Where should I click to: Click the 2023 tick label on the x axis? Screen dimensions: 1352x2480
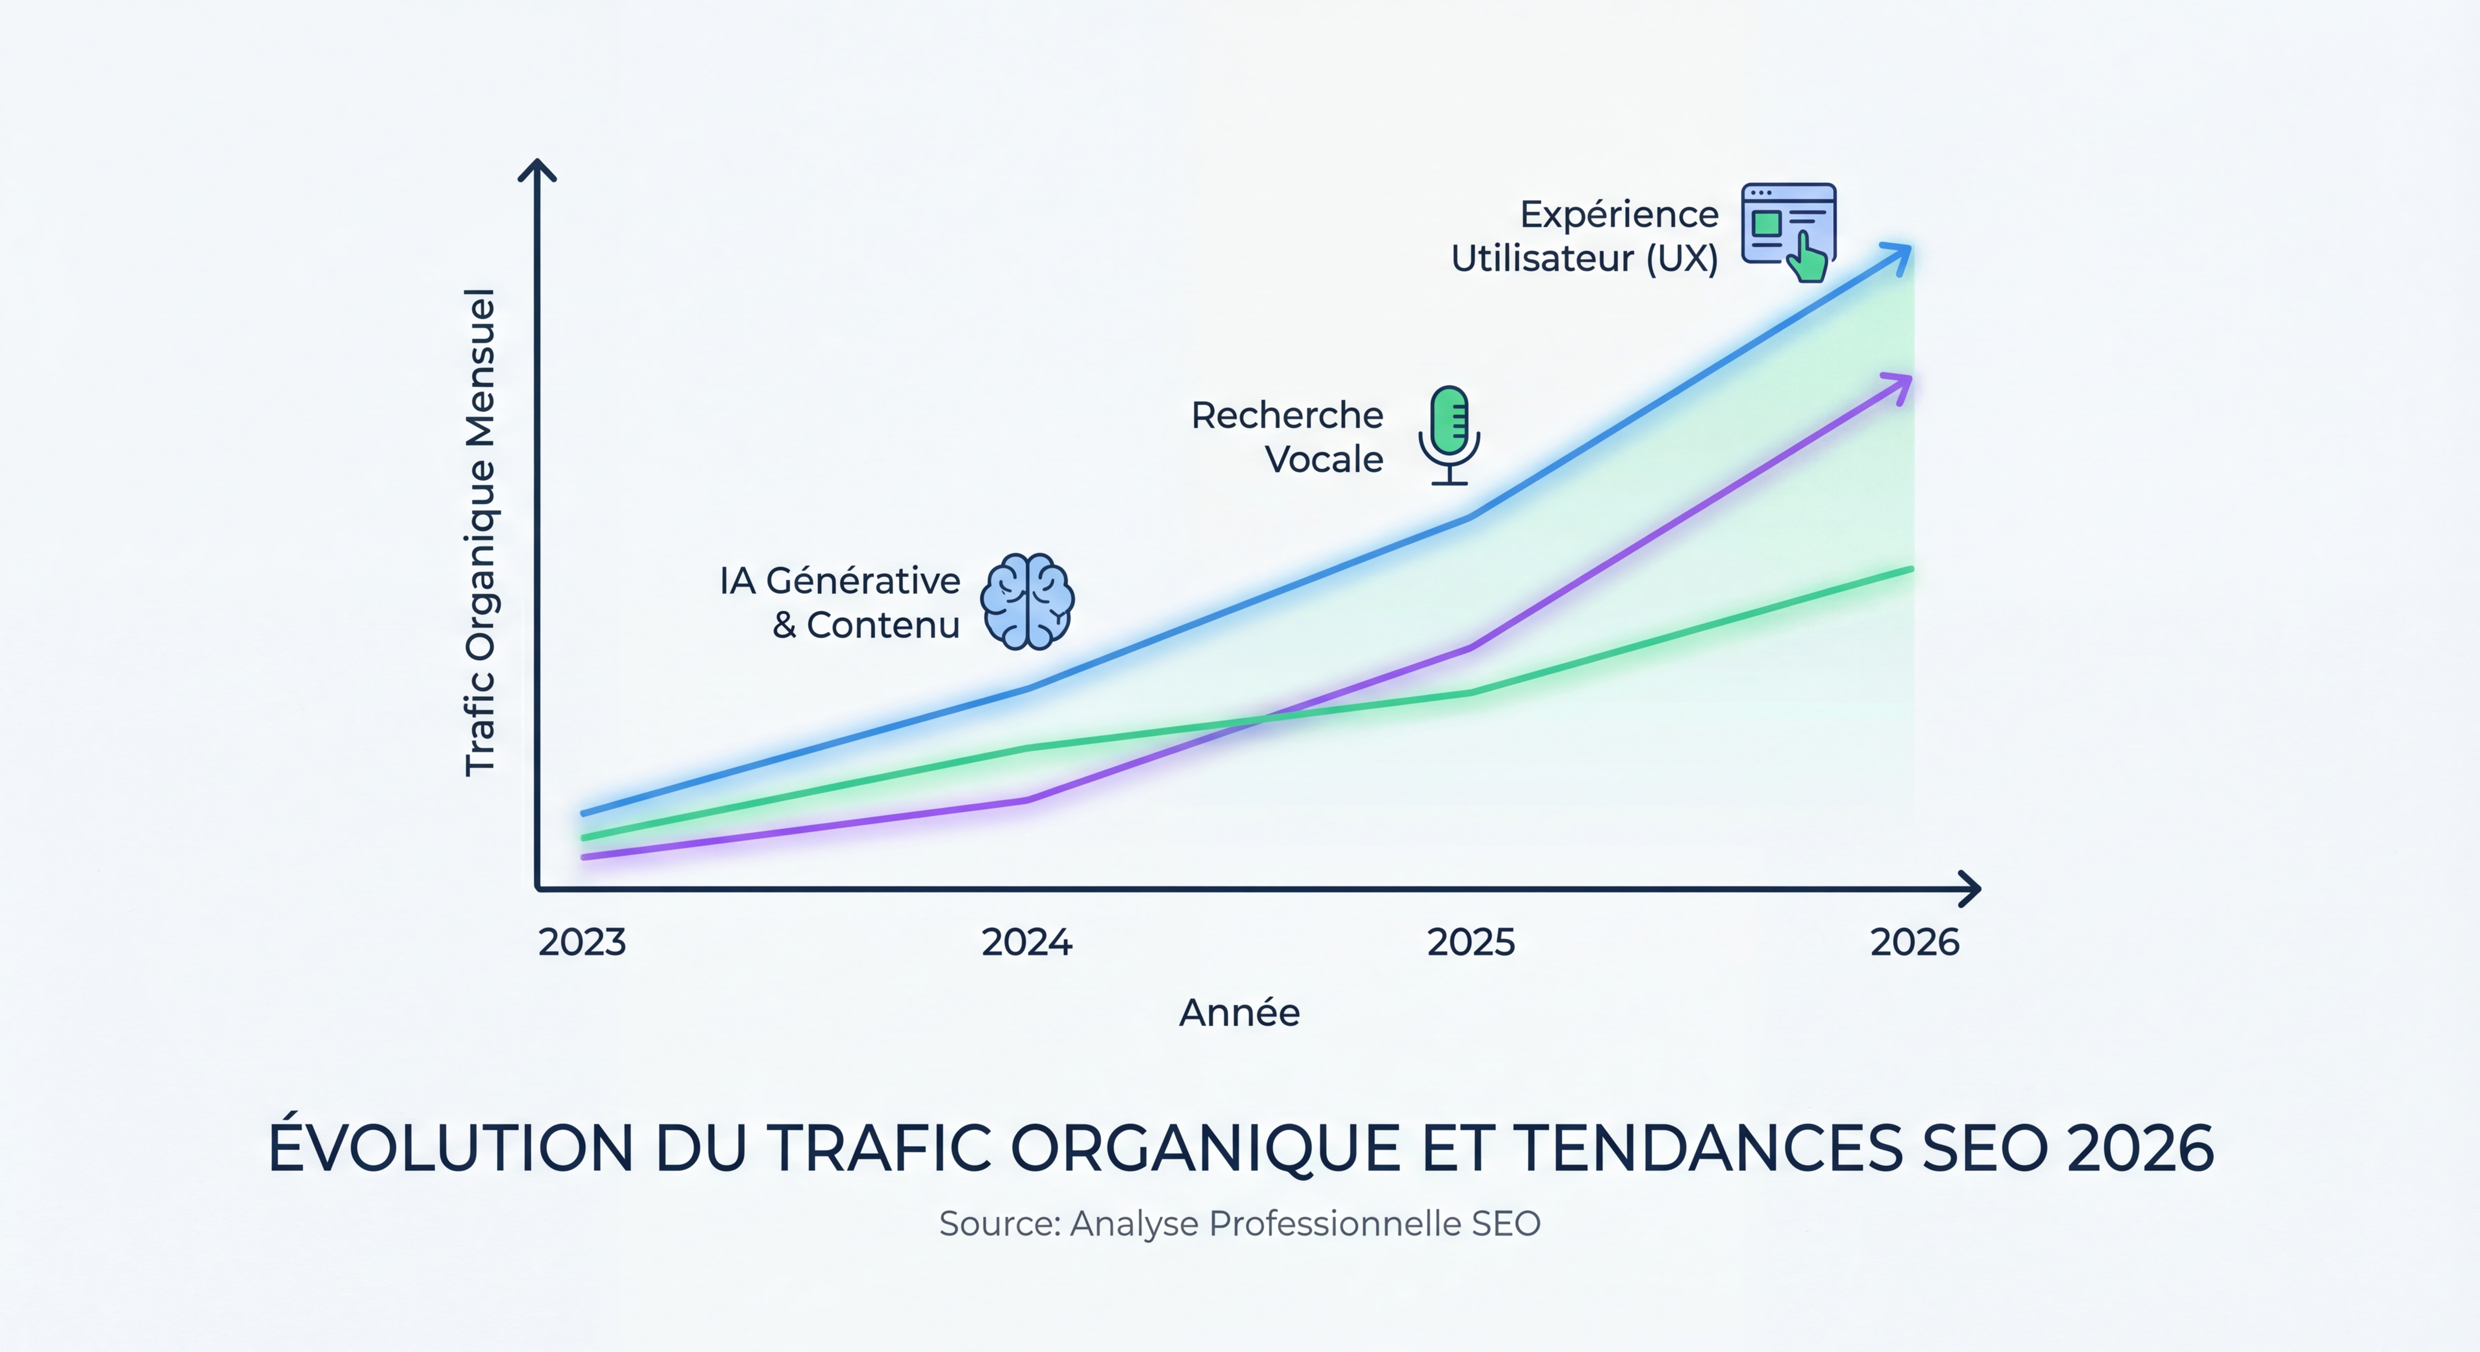(x=582, y=942)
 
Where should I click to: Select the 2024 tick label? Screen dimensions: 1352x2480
(x=1026, y=942)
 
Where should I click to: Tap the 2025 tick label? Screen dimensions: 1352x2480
(x=1470, y=942)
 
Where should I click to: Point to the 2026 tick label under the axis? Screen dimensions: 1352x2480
(x=1914, y=942)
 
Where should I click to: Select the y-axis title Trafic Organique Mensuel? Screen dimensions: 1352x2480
(x=480, y=532)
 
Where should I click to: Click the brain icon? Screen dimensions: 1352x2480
(x=1027, y=602)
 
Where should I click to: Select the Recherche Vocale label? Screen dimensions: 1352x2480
(x=1287, y=437)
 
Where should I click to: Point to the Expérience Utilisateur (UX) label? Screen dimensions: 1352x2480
(x=1585, y=237)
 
